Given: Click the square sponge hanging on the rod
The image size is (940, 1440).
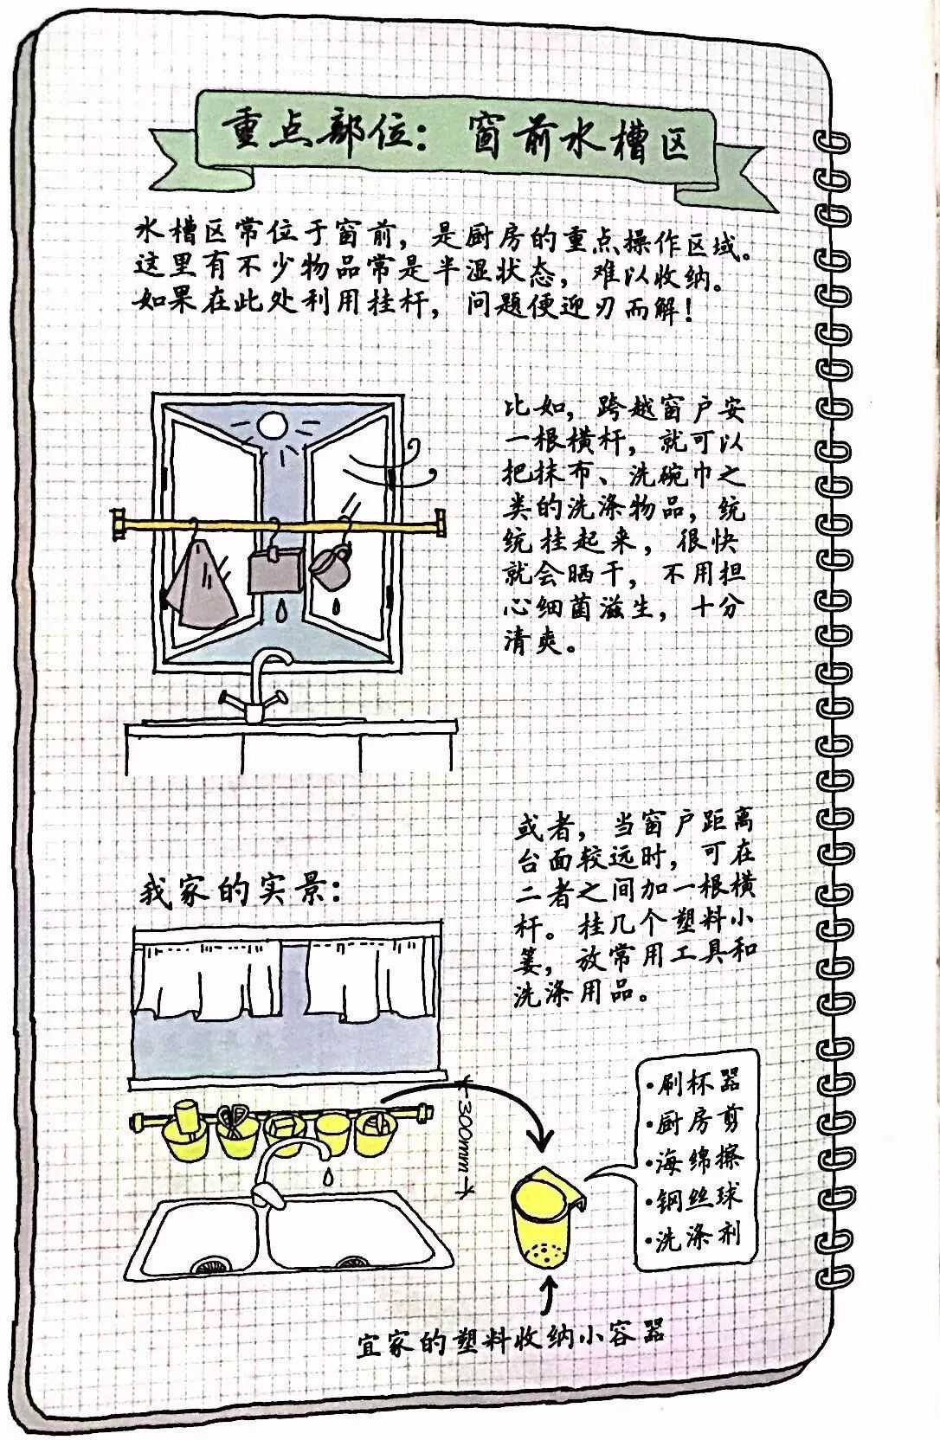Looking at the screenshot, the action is point(274,569).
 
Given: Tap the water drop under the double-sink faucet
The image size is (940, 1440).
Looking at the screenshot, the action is point(328,1177).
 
